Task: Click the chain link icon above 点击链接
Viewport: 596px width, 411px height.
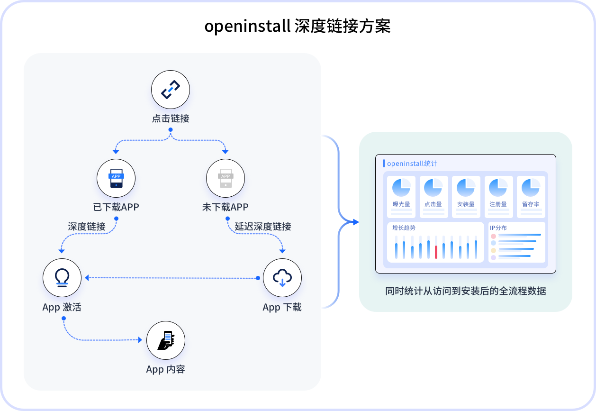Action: (171, 90)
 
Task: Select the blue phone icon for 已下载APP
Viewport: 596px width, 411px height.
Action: (116, 178)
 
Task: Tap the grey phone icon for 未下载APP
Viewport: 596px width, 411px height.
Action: (226, 178)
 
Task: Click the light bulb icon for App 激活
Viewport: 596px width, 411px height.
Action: (62, 277)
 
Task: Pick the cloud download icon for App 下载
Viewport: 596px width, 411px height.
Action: (282, 277)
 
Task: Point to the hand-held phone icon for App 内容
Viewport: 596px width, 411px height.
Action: (166, 340)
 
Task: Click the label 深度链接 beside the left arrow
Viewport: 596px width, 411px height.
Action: (87, 227)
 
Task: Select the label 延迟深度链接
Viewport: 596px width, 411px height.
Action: (263, 227)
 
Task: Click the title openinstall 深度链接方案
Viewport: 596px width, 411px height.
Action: (298, 26)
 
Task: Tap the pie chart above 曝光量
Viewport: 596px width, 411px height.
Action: (401, 188)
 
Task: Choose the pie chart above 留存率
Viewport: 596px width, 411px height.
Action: (531, 188)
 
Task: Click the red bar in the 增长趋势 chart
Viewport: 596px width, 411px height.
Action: (436, 252)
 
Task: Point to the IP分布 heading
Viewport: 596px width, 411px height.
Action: (498, 228)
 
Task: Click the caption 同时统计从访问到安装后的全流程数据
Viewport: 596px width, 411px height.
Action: (466, 291)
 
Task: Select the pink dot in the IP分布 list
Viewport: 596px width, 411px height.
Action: (493, 236)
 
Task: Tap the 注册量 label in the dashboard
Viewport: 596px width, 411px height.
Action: (498, 204)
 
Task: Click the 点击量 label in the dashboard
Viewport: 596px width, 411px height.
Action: (433, 204)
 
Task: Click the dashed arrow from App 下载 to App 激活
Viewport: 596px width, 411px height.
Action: (171, 278)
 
